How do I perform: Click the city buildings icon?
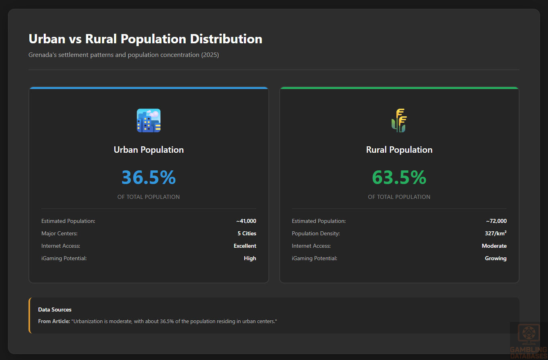pos(148,120)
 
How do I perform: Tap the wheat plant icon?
pos(399,120)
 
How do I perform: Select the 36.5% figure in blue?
pos(148,177)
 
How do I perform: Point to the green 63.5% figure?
pos(399,177)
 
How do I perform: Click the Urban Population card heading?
pos(148,150)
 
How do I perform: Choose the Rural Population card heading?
pos(399,150)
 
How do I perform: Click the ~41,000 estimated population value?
pos(246,221)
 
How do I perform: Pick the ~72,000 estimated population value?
pos(496,221)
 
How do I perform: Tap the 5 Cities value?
pos(247,233)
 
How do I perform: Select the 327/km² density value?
pos(495,233)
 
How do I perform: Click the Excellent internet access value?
pos(245,246)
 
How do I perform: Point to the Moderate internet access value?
pos(494,246)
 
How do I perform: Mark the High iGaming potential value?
pos(250,258)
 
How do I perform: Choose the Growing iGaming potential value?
pos(495,258)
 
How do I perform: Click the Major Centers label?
pos(59,233)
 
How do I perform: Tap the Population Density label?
pos(316,233)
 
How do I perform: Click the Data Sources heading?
pos(55,309)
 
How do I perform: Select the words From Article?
pos(54,321)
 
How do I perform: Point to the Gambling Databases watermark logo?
pos(528,341)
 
